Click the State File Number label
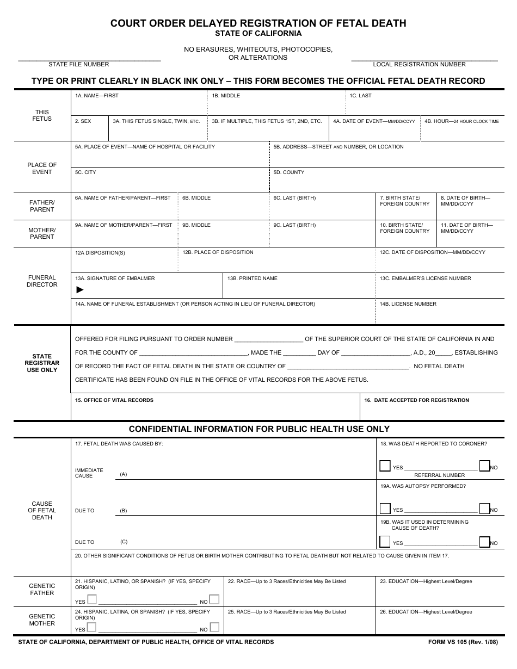78,64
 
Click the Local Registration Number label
419,64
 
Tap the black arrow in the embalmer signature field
80,289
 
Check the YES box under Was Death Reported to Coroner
385,466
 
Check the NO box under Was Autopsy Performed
484,509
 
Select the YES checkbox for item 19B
385,542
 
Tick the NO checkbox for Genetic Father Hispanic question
214,599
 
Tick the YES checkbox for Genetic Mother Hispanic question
92,627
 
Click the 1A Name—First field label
96,96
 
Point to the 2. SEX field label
83,121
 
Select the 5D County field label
288,172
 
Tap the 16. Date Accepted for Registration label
416,400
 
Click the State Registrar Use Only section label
42,363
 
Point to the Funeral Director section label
42,281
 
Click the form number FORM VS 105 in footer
463,642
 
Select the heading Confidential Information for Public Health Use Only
259,429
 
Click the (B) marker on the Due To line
124,511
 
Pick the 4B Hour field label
461,121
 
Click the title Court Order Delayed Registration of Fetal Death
258,23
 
